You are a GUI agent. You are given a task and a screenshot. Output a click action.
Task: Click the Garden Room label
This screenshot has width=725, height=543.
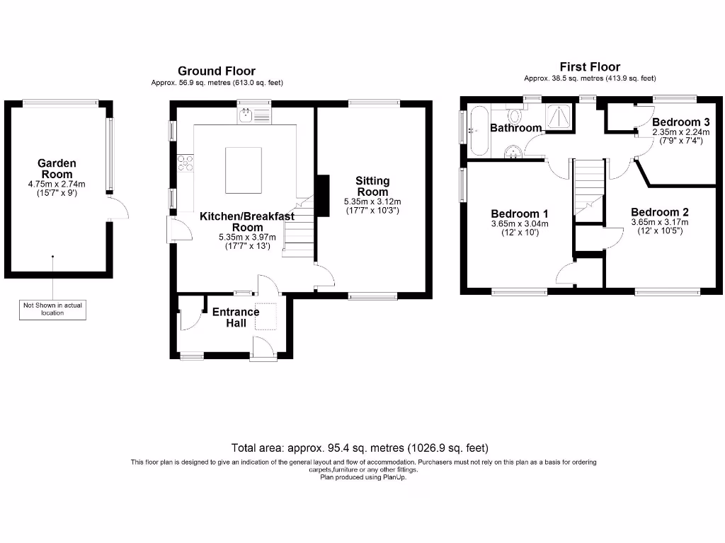pos(57,169)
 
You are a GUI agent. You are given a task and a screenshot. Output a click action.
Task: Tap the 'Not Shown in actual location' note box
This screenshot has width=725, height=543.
pos(52,309)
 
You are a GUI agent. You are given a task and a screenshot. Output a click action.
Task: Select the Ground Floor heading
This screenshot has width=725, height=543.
pos(217,71)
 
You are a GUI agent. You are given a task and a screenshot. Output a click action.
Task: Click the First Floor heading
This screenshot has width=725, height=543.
pos(590,66)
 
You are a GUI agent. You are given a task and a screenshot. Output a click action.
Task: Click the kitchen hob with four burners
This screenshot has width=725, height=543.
pos(185,163)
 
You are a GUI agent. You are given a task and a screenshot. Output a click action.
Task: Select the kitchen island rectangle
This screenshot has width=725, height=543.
pos(244,170)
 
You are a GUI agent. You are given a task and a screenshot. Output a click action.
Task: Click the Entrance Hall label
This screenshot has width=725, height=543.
pos(236,317)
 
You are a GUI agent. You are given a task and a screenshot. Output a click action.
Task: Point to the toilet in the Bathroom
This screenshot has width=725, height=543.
pos(515,116)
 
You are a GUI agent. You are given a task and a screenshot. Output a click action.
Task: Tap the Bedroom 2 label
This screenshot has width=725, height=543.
pos(659,212)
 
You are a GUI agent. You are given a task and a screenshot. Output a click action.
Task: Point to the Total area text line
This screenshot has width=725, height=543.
pos(360,448)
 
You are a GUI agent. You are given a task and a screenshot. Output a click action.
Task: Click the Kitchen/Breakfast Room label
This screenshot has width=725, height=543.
pos(246,221)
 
